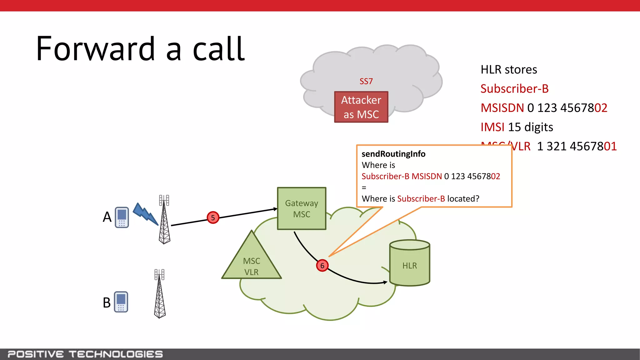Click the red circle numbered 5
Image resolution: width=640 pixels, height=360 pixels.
[213, 217]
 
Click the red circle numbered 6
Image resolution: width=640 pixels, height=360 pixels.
[322, 266]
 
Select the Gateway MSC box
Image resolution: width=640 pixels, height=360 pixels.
[302, 208]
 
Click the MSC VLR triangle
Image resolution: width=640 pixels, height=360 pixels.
[252, 262]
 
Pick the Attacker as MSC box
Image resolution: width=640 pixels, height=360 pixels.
[361, 107]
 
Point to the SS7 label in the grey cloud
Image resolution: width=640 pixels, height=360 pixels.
[366, 81]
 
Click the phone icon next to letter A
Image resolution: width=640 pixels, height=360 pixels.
[122, 217]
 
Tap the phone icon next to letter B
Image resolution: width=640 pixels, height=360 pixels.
[121, 302]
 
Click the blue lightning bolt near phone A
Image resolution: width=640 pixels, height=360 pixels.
[145, 214]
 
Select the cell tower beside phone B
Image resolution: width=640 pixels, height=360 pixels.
[160, 294]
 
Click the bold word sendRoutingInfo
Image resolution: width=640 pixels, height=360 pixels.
[393, 154]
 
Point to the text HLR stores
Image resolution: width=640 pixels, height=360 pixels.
[508, 69]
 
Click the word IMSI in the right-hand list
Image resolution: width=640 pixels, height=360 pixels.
[492, 127]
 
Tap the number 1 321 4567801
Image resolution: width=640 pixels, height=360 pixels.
[577, 146]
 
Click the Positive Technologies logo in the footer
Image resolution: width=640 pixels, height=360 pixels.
[85, 354]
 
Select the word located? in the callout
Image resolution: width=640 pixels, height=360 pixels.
[463, 199]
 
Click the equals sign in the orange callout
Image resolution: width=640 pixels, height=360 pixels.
[364, 188]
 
